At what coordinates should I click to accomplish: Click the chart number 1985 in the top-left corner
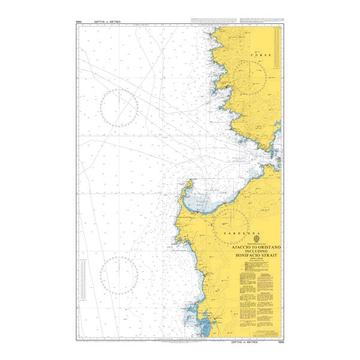pyautogui.click(x=79, y=22)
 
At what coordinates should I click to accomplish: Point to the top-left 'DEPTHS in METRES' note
pyautogui.click(x=107, y=22)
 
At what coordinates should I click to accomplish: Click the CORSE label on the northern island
pyautogui.click(x=262, y=55)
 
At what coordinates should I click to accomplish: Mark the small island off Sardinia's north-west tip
pyautogui.click(x=188, y=182)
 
